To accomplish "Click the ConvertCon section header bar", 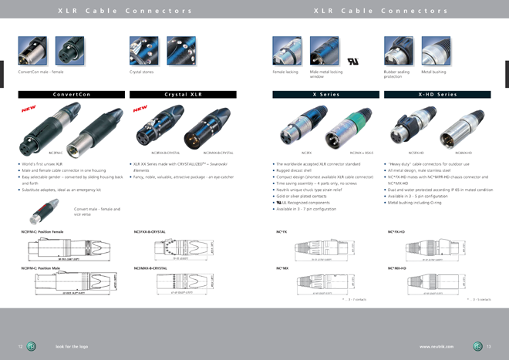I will point(71,94).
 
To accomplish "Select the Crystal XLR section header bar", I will point(183,94).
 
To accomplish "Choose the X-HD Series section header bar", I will point(437,94).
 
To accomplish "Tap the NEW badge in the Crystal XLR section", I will point(141,109).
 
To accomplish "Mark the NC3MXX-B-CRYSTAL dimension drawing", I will point(182,282).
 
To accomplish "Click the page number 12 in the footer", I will point(20,346).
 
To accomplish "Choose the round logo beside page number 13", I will point(478,346).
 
